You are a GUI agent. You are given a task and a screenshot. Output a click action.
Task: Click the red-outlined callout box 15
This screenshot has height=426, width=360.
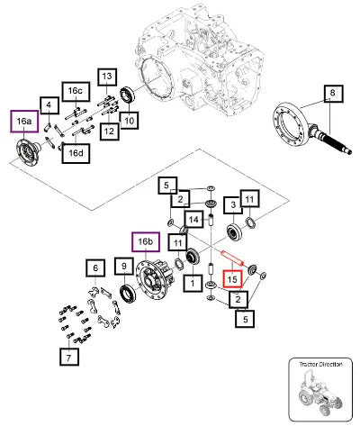[232, 279]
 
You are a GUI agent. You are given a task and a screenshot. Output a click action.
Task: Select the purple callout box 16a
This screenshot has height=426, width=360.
[24, 122]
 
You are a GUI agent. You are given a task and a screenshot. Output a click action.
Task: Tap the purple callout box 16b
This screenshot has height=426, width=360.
[146, 241]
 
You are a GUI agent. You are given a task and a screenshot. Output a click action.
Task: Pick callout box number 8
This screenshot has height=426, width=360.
[334, 94]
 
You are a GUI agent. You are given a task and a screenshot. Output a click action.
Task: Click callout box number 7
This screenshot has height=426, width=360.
[69, 357]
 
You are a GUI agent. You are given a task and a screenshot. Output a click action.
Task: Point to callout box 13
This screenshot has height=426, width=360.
[107, 77]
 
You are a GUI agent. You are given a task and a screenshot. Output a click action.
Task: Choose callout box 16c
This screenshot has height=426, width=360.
[76, 91]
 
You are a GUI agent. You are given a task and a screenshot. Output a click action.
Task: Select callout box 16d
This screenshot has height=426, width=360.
[76, 153]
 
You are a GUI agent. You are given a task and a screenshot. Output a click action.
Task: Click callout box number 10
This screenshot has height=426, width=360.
[129, 121]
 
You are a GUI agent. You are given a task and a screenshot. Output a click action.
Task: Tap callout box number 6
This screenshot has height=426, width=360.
[95, 267]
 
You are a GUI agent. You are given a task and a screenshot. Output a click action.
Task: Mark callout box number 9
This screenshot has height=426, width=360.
[124, 266]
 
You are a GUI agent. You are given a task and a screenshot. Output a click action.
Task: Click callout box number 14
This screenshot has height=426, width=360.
[193, 220]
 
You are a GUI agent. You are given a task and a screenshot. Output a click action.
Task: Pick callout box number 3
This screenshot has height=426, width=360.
[233, 204]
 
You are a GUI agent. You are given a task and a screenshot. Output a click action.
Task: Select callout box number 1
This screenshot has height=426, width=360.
[193, 283]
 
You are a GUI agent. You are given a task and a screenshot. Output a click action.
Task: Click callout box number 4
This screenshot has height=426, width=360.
[49, 105]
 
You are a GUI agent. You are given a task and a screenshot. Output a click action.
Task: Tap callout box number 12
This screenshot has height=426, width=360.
[110, 131]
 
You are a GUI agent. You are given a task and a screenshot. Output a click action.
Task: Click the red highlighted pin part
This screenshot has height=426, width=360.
[232, 258]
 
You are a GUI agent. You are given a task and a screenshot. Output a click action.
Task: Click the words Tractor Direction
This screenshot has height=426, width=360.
[320, 365]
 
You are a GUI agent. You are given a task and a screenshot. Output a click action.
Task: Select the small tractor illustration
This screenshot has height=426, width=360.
[320, 394]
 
